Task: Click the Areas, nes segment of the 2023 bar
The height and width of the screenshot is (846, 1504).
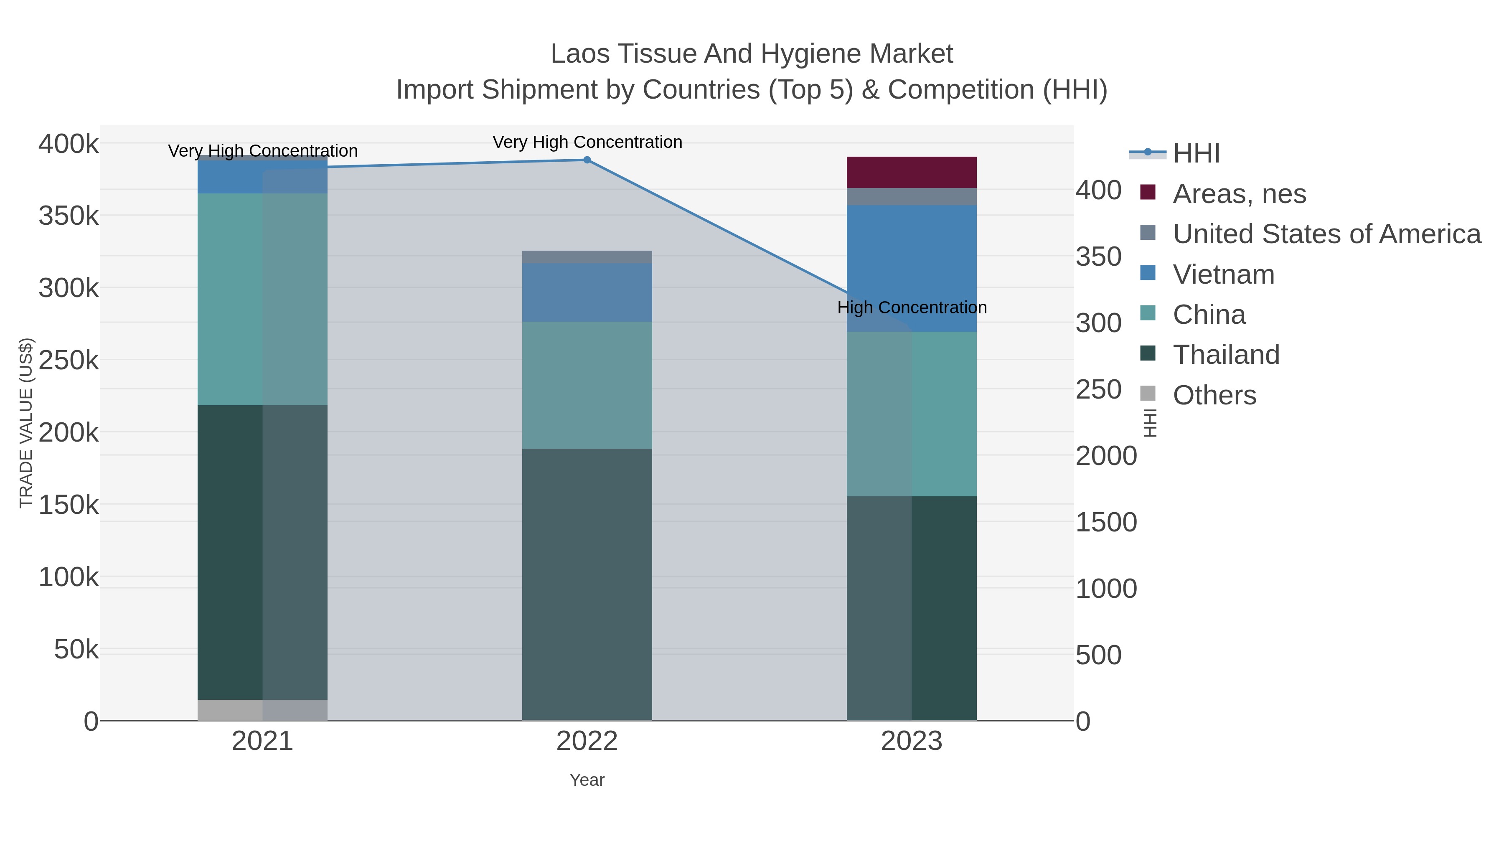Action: click(912, 172)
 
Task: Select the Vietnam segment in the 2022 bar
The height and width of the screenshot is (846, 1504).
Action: click(587, 292)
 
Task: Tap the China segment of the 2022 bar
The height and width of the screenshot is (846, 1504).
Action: click(587, 385)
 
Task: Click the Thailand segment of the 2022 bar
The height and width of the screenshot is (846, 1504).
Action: click(587, 584)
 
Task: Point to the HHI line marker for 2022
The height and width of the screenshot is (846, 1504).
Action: click(587, 160)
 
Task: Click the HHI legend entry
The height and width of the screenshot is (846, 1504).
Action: click(1196, 154)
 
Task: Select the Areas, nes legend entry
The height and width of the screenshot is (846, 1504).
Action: click(1239, 194)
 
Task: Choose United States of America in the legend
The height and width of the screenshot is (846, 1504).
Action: click(1326, 234)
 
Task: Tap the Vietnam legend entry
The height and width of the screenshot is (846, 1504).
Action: click(1223, 274)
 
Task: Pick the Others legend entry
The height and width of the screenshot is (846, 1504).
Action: click(1214, 395)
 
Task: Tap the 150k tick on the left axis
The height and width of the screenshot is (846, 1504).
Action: click(69, 504)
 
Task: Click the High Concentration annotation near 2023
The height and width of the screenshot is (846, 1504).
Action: click(912, 307)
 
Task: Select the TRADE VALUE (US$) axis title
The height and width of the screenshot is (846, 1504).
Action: click(26, 423)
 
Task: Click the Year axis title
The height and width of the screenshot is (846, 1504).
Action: click(587, 780)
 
